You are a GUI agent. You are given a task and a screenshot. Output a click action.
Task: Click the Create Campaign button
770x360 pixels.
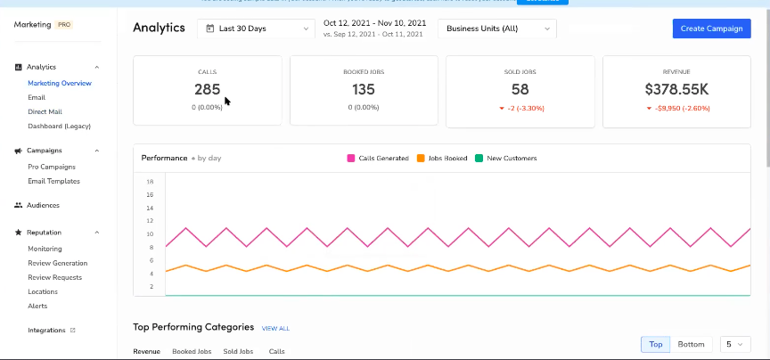pyautogui.click(x=711, y=29)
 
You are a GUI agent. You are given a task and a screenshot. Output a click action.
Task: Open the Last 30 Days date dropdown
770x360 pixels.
pyautogui.click(x=255, y=29)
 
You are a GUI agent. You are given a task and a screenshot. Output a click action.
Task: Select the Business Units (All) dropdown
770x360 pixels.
pyautogui.click(x=497, y=29)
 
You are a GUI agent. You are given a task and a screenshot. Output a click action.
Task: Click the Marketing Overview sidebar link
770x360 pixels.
pyautogui.click(x=59, y=83)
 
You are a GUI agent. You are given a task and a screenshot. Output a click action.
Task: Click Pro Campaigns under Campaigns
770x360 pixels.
pyautogui.click(x=52, y=167)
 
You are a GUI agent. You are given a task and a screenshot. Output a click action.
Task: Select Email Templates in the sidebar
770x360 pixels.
pyautogui.click(x=53, y=181)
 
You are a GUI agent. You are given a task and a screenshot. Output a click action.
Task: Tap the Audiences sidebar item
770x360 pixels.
pyautogui.click(x=44, y=205)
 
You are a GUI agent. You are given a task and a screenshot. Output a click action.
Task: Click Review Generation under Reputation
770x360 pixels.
pyautogui.click(x=57, y=263)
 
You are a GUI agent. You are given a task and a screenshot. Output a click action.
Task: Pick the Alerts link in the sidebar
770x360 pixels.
pyautogui.click(x=37, y=306)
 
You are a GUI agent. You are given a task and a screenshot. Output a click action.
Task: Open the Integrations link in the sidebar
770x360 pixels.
pyautogui.click(x=46, y=331)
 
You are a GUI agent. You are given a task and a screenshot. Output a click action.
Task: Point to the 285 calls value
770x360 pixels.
pyautogui.click(x=207, y=89)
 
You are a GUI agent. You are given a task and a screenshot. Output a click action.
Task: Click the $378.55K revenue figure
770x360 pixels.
pyautogui.click(x=676, y=89)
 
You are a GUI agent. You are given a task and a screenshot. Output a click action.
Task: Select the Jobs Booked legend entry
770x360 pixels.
pyautogui.click(x=442, y=159)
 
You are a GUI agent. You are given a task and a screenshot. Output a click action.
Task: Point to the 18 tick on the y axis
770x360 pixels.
pyautogui.click(x=150, y=194)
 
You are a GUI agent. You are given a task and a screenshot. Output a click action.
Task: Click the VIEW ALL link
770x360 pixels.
pyautogui.click(x=275, y=329)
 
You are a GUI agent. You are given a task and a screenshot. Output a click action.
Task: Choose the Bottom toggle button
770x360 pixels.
pyautogui.click(x=691, y=344)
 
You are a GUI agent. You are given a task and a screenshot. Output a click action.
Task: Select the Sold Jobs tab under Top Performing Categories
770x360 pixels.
pyautogui.click(x=238, y=352)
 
